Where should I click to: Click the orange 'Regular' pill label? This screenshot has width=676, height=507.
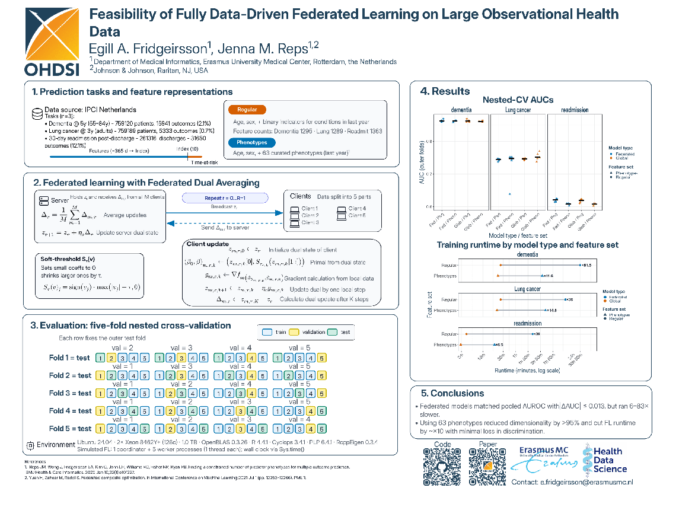(x=247, y=110)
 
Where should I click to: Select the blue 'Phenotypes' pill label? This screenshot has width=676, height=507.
(x=251, y=142)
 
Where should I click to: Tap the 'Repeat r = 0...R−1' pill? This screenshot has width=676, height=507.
(x=225, y=198)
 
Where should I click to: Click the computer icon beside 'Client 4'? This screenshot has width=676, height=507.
(x=342, y=209)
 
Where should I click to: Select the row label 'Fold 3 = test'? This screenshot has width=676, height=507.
(x=70, y=393)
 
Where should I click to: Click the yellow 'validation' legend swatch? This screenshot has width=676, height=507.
(x=296, y=332)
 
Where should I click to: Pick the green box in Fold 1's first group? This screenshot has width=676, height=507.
(x=101, y=358)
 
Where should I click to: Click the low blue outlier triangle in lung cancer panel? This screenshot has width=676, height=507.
(x=509, y=194)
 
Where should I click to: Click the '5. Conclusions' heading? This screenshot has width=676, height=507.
(x=452, y=393)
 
